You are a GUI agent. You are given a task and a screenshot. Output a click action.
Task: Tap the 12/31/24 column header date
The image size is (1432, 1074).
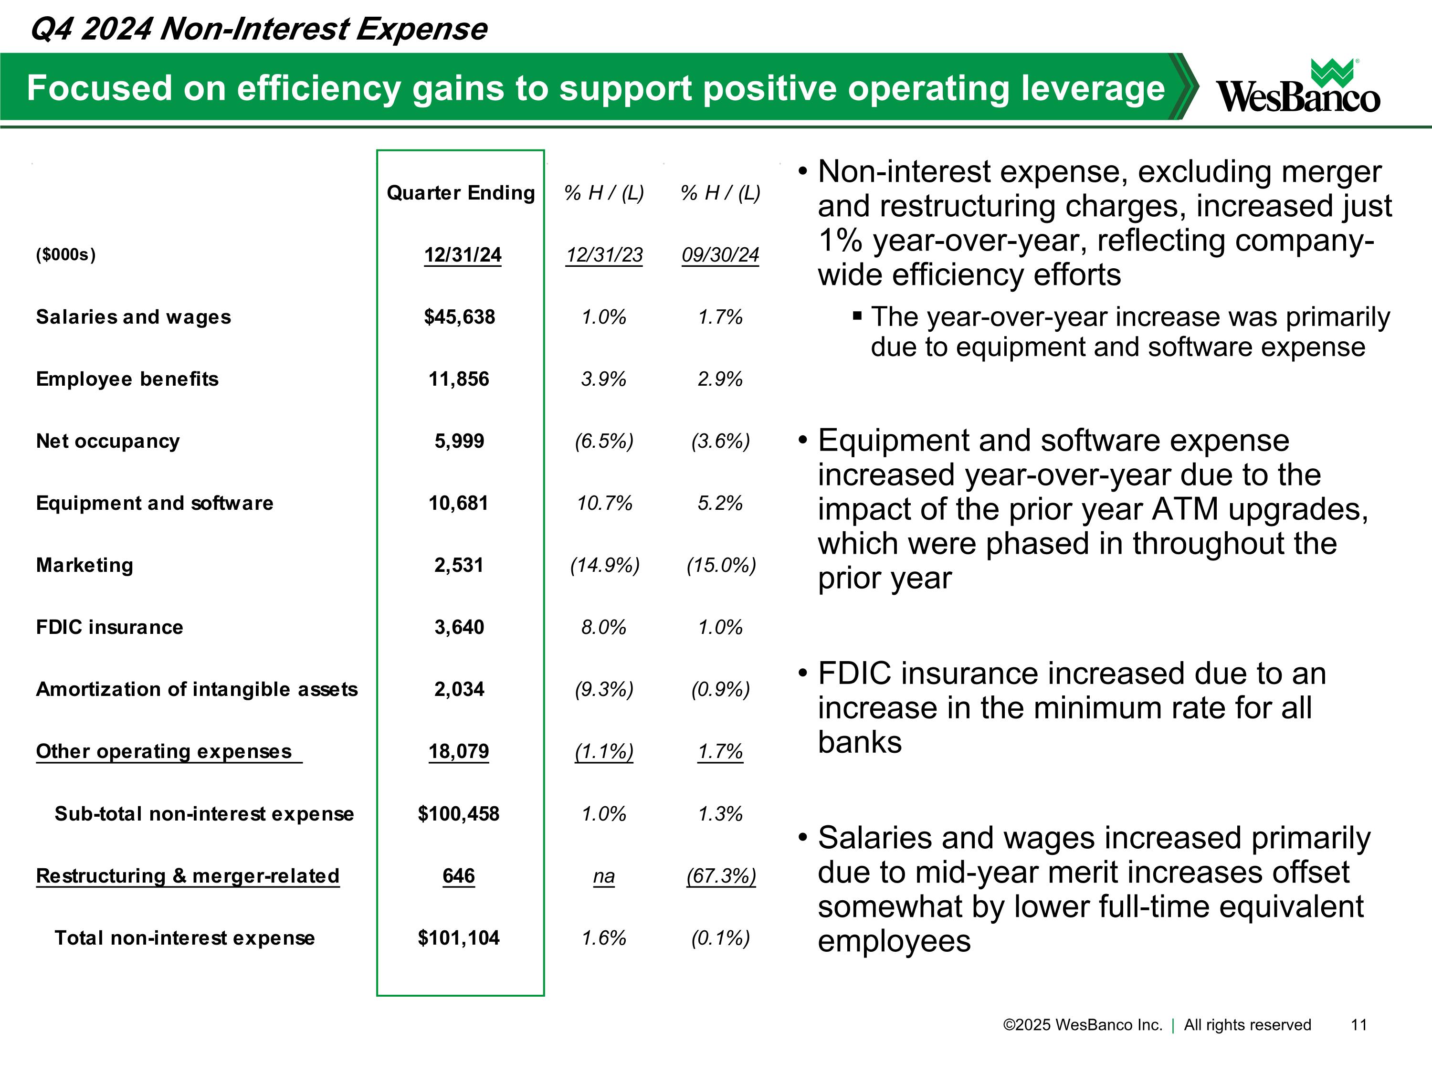[x=463, y=254]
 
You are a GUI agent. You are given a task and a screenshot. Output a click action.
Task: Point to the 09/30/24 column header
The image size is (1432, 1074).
[x=720, y=254]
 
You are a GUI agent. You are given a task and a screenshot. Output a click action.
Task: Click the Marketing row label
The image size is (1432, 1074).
[x=85, y=565]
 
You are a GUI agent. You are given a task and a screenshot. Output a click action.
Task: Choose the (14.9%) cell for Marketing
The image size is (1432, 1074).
[x=605, y=565]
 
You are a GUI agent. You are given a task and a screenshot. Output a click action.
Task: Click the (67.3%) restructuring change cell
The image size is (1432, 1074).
[x=721, y=876]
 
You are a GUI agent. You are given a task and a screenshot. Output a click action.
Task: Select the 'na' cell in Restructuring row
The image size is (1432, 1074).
[x=604, y=876]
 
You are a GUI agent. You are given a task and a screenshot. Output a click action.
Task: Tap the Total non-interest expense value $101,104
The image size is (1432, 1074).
[x=459, y=937]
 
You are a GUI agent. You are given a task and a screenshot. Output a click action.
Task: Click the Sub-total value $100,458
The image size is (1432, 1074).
[x=459, y=814]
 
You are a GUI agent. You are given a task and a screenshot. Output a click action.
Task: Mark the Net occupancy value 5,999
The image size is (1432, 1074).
[x=459, y=441]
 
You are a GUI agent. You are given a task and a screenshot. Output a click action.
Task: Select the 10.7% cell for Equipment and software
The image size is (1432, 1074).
[x=605, y=503]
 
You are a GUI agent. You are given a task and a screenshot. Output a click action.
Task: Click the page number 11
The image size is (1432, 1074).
[x=1359, y=1025]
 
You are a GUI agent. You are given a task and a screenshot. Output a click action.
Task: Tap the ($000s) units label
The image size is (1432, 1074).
[x=66, y=254]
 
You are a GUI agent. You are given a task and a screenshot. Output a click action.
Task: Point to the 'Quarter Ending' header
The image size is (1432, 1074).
[x=461, y=193]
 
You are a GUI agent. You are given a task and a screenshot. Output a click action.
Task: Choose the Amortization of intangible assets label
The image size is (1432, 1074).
[x=197, y=689]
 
